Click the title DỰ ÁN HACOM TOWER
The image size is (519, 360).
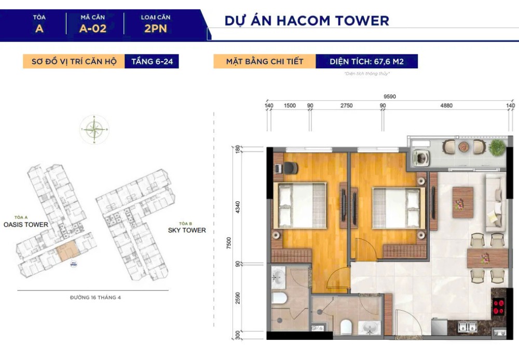click(x=307, y=21)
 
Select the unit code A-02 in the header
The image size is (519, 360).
click(x=93, y=29)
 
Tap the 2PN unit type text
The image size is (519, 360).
click(x=156, y=29)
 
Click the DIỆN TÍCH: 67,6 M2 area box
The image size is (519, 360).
click(x=366, y=62)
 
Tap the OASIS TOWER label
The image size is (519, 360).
click(x=26, y=225)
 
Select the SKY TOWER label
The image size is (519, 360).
click(x=187, y=230)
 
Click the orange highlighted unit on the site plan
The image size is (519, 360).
click(x=67, y=251)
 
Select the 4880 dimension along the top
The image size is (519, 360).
click(x=446, y=106)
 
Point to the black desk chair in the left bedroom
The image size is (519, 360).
click(x=288, y=169)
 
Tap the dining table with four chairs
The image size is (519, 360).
click(x=486, y=258)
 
